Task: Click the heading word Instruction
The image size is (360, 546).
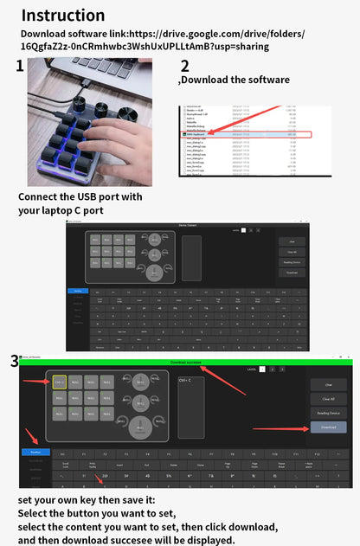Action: point(62,15)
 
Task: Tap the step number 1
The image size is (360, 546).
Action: point(20,66)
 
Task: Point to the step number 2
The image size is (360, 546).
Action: point(184,66)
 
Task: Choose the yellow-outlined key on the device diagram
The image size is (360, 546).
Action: point(60,381)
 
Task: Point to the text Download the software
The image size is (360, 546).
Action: point(235,80)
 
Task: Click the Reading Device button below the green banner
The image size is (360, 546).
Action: point(328,414)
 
